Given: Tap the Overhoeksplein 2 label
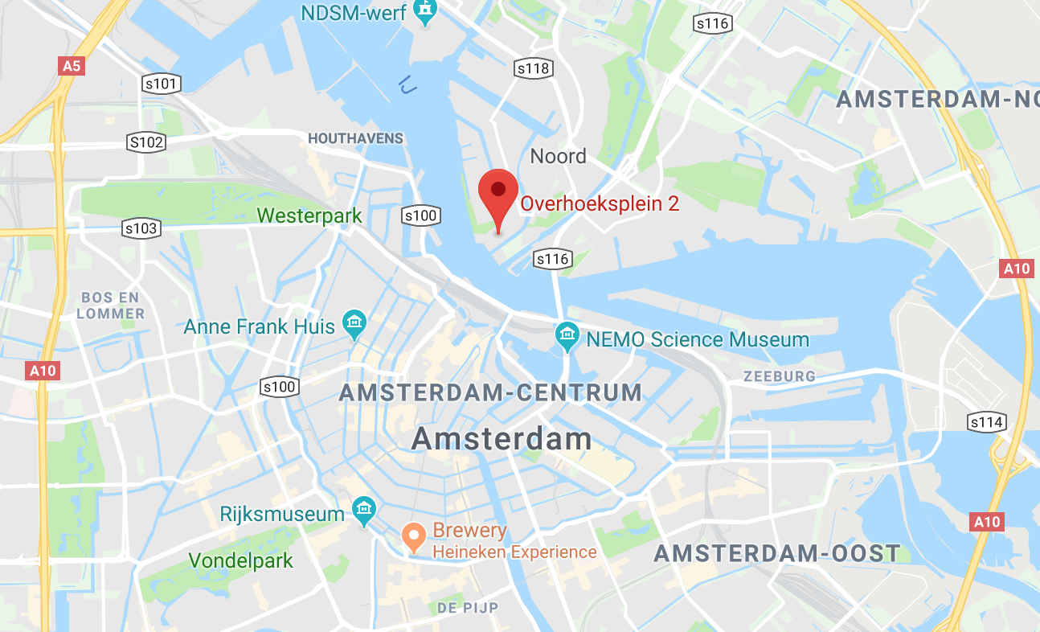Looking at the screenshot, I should (x=600, y=203).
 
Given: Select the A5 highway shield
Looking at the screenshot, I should (x=72, y=66).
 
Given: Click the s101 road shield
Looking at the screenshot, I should (x=161, y=83).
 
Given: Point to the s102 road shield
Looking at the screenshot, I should (x=146, y=143).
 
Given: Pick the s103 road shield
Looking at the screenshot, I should (x=141, y=228).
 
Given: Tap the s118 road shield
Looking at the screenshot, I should (x=534, y=68).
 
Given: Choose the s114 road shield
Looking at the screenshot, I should (x=986, y=422).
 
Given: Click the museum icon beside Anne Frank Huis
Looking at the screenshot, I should (x=354, y=324).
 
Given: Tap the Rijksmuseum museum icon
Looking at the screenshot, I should (x=364, y=510).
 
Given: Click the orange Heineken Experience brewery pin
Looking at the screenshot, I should (x=414, y=536).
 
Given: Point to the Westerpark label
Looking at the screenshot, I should (x=309, y=215).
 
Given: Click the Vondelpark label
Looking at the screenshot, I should (x=240, y=560).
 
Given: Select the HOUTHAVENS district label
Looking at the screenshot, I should (x=355, y=138).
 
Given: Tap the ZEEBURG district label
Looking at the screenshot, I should (x=779, y=376).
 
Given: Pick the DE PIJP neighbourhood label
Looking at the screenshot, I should (x=468, y=608).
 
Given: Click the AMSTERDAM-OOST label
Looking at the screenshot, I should (x=776, y=553).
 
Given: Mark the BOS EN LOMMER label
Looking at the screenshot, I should (x=111, y=306).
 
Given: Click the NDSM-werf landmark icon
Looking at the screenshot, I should (x=424, y=11).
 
